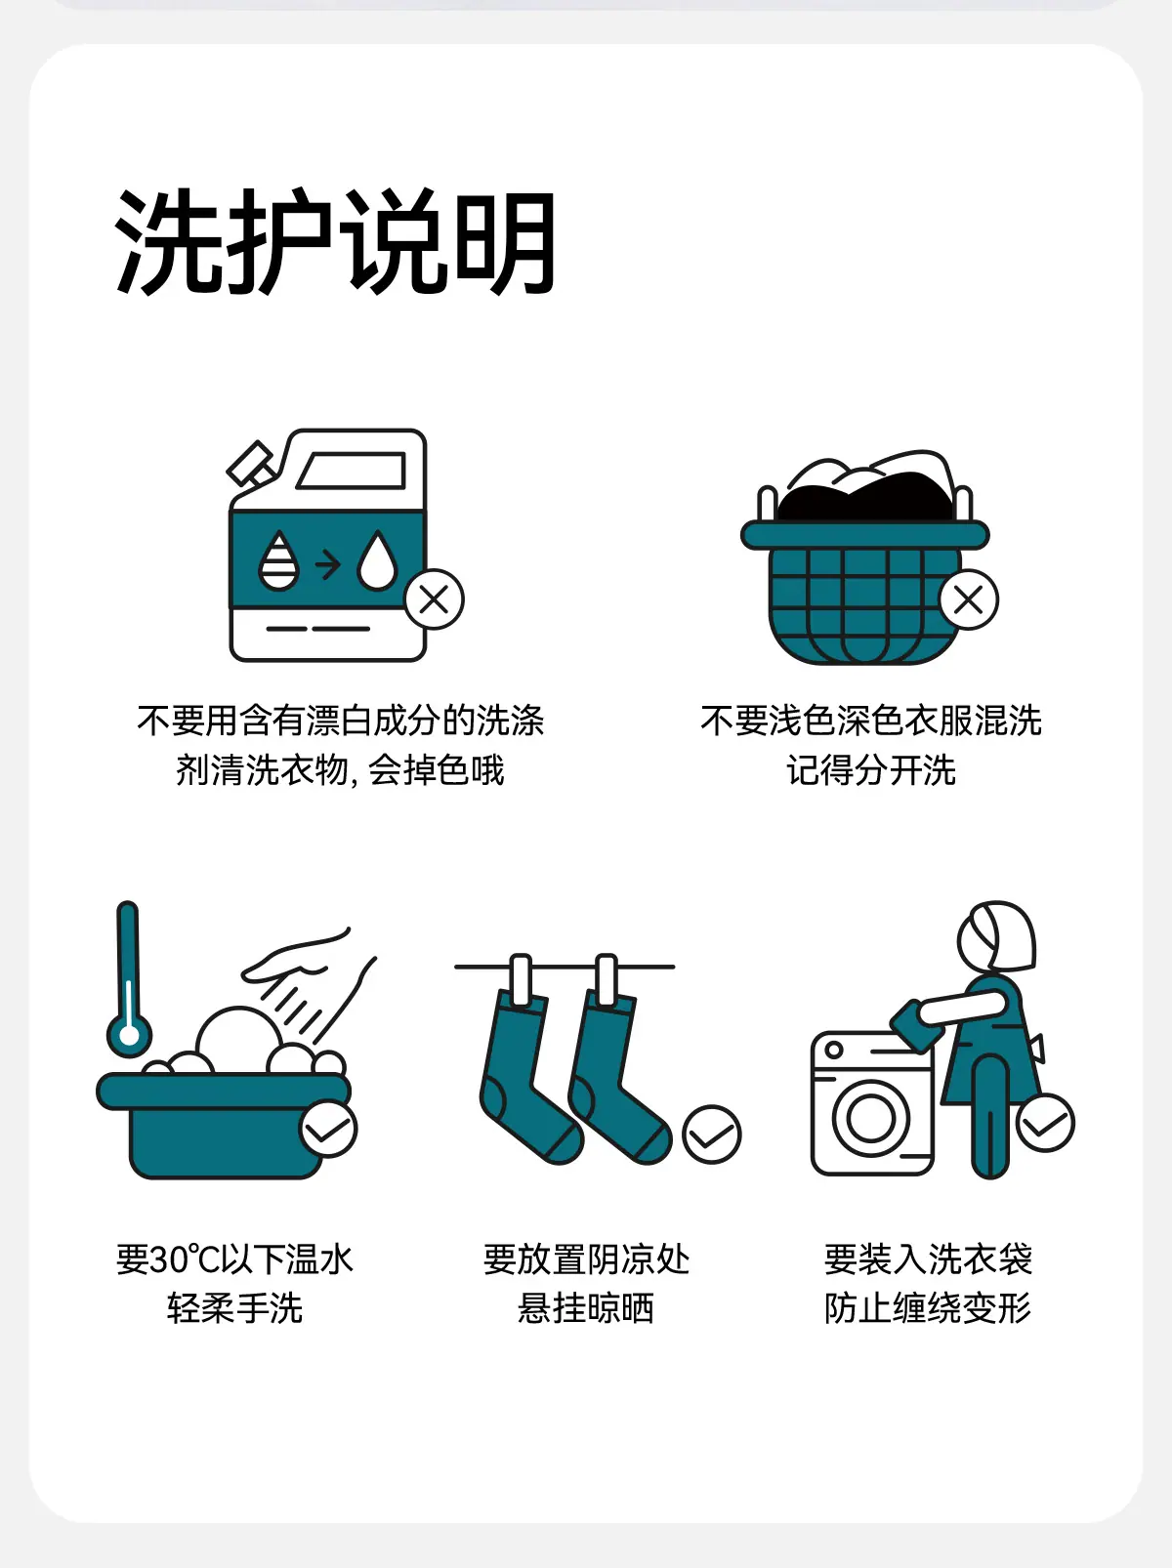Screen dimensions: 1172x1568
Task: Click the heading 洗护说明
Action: coord(335,241)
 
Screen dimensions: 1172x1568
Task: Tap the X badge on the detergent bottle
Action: coord(435,599)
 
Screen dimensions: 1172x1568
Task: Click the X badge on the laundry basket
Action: coord(969,599)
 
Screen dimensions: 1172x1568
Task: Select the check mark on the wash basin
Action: coord(328,1130)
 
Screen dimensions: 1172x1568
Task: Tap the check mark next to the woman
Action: coord(1045,1123)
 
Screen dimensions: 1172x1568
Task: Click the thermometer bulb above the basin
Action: coord(129,1035)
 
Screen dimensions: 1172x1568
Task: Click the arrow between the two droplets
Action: coord(328,564)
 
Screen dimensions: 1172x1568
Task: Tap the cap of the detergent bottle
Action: coord(250,464)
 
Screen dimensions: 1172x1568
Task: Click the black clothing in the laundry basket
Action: coord(865,499)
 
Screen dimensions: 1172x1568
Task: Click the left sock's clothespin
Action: coord(521,979)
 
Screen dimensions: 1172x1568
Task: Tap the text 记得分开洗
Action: coord(871,770)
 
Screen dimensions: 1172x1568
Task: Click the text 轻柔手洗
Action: coord(235,1308)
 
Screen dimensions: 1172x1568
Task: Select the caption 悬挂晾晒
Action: coord(586,1308)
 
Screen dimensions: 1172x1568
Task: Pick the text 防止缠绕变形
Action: coord(928,1308)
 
